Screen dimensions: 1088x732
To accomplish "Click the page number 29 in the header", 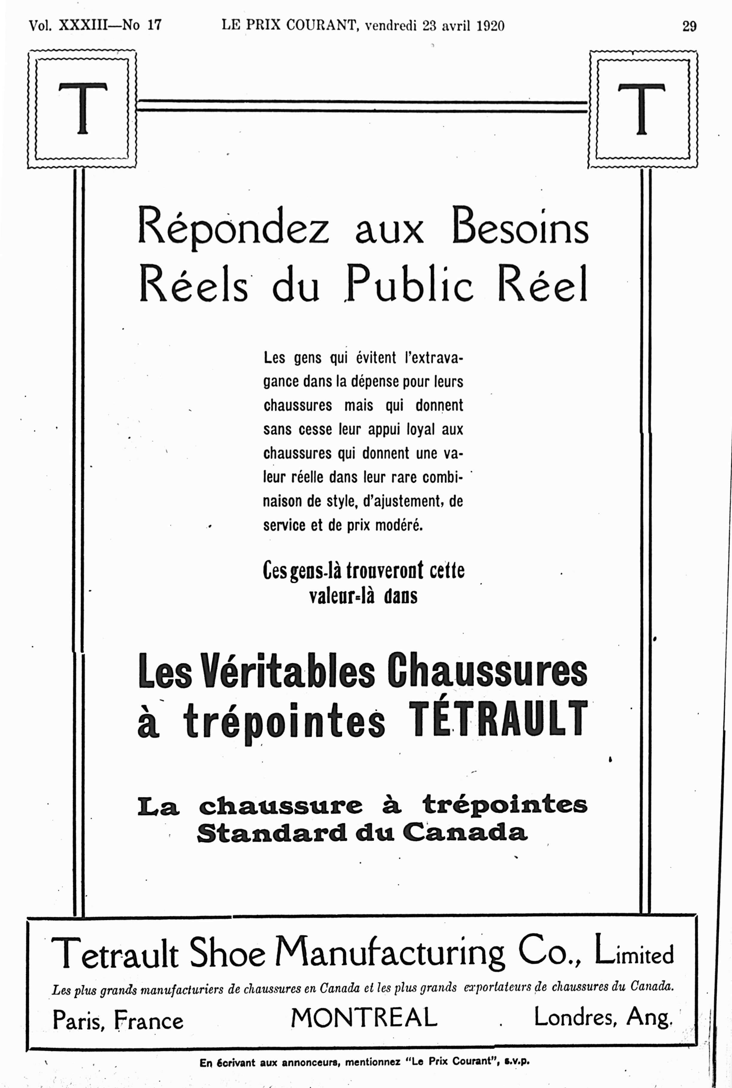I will [689, 26].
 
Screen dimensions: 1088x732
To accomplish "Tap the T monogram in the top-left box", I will [83, 108].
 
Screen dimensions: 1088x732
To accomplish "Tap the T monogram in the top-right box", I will [641, 109].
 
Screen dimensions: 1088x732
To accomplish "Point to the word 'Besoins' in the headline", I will [520, 227].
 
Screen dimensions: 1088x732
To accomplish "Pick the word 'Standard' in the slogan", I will [272, 833].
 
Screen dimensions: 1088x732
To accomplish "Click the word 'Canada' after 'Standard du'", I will [465, 833].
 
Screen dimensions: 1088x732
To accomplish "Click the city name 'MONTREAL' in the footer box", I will [364, 1018].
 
